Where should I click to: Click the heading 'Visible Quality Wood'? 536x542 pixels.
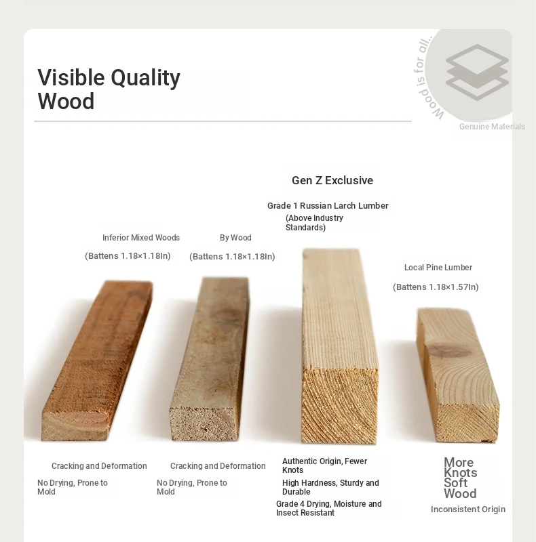click(x=109, y=89)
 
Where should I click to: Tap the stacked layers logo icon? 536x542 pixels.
click(x=477, y=72)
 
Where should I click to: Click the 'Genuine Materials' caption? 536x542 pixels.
click(x=492, y=127)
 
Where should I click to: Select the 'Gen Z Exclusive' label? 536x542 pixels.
click(x=332, y=180)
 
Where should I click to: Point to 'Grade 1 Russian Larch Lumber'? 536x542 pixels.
click(x=328, y=206)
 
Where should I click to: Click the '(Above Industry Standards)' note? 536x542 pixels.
click(x=314, y=223)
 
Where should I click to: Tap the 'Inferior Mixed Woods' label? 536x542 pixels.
click(x=141, y=238)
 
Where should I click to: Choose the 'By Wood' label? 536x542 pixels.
click(x=235, y=238)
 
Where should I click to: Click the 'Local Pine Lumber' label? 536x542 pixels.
click(x=438, y=267)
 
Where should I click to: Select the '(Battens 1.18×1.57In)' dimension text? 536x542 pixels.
click(x=436, y=287)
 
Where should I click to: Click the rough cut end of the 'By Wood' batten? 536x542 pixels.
click(x=205, y=424)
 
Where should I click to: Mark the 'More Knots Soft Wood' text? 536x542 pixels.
click(x=460, y=478)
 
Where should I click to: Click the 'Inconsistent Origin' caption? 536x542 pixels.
click(x=467, y=509)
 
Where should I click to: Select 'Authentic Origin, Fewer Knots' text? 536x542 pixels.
click(x=324, y=465)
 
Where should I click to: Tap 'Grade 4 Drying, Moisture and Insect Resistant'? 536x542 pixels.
click(x=328, y=508)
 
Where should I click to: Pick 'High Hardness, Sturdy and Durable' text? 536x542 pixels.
click(x=330, y=487)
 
